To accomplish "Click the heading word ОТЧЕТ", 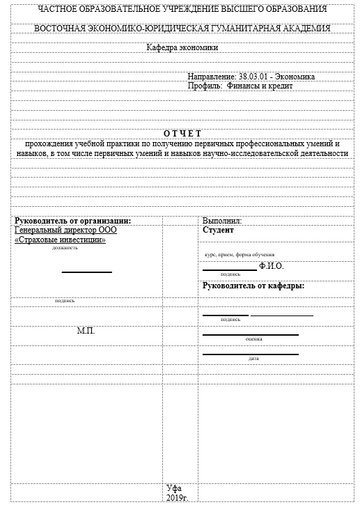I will pyautogui.click(x=182, y=133).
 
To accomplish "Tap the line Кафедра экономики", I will pyautogui.click(x=182, y=48).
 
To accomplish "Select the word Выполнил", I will pyautogui.click(x=221, y=221).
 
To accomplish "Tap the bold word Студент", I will pyautogui.click(x=218, y=230).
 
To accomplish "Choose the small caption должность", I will pyautogui.click(x=65, y=248).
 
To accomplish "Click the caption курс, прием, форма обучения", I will pyautogui.click(x=239, y=255).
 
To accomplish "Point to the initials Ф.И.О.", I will pyautogui.click(x=271, y=266).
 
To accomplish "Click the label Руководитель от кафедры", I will pyautogui.click(x=253, y=286).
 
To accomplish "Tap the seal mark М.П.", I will pyautogui.click(x=86, y=330).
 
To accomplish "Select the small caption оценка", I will pyautogui.click(x=253, y=339).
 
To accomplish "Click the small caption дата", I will pyautogui.click(x=253, y=359).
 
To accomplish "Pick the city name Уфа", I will pyautogui.click(x=174, y=488).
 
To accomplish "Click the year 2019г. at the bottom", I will pyautogui.click(x=178, y=498).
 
